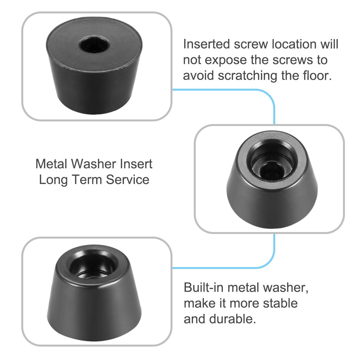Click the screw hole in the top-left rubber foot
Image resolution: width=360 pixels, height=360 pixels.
click(94, 45)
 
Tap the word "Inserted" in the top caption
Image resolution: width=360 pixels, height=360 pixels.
click(207, 44)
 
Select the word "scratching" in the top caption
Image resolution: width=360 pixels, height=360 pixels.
click(247, 76)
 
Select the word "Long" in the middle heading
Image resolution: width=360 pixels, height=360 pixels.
click(53, 180)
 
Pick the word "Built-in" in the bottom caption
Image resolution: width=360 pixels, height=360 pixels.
click(204, 287)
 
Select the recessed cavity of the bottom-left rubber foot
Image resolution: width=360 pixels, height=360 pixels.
click(92, 265)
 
